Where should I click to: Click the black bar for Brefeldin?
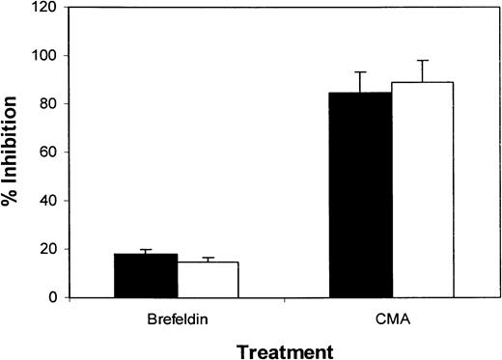[x=146, y=276]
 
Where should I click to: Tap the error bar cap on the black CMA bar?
[x=360, y=72]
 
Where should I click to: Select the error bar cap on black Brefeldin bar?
[x=146, y=249]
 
